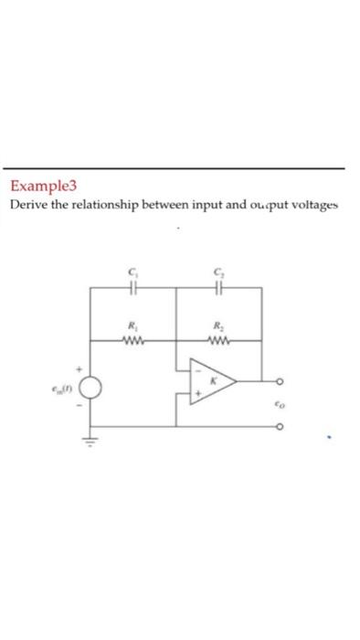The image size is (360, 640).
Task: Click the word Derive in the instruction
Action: coord(29,205)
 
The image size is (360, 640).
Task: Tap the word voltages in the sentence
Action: coord(312,205)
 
